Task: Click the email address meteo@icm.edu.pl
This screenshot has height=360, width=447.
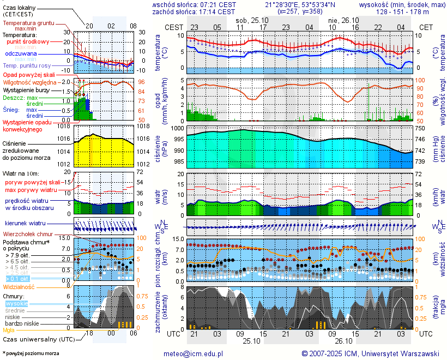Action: (194, 353)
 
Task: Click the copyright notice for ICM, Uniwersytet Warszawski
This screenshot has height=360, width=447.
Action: (371, 353)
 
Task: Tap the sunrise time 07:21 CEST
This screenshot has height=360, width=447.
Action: (216, 4)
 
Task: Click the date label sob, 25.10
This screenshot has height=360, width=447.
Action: (245, 19)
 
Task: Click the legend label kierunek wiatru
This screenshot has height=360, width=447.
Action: (25, 224)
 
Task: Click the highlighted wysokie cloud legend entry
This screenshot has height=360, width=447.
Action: (16, 303)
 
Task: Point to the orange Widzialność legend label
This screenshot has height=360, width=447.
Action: (19, 286)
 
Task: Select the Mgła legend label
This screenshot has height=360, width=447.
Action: (9, 330)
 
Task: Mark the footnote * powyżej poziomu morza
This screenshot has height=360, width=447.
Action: (31, 353)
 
